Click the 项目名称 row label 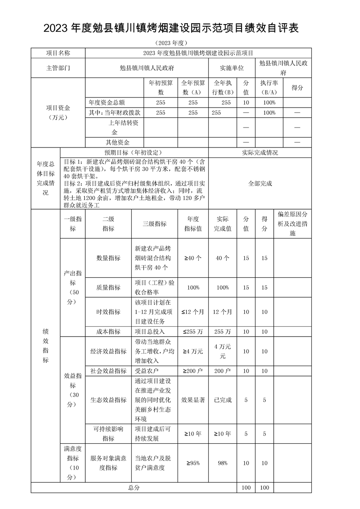tap(58, 53)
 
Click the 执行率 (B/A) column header tap(269, 88)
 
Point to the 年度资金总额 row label tap(107, 103)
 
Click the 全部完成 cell tap(260, 183)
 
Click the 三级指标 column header tap(154, 224)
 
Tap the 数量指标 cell tap(108, 258)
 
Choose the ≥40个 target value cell tap(193, 258)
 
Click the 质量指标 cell tap(108, 287)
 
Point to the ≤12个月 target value tap(193, 312)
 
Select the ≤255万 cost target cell tap(193, 332)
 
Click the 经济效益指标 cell tap(108, 351)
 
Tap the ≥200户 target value tap(193, 371)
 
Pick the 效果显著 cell tap(193, 400)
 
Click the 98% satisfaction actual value tap(222, 463)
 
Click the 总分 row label tap(133, 487)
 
